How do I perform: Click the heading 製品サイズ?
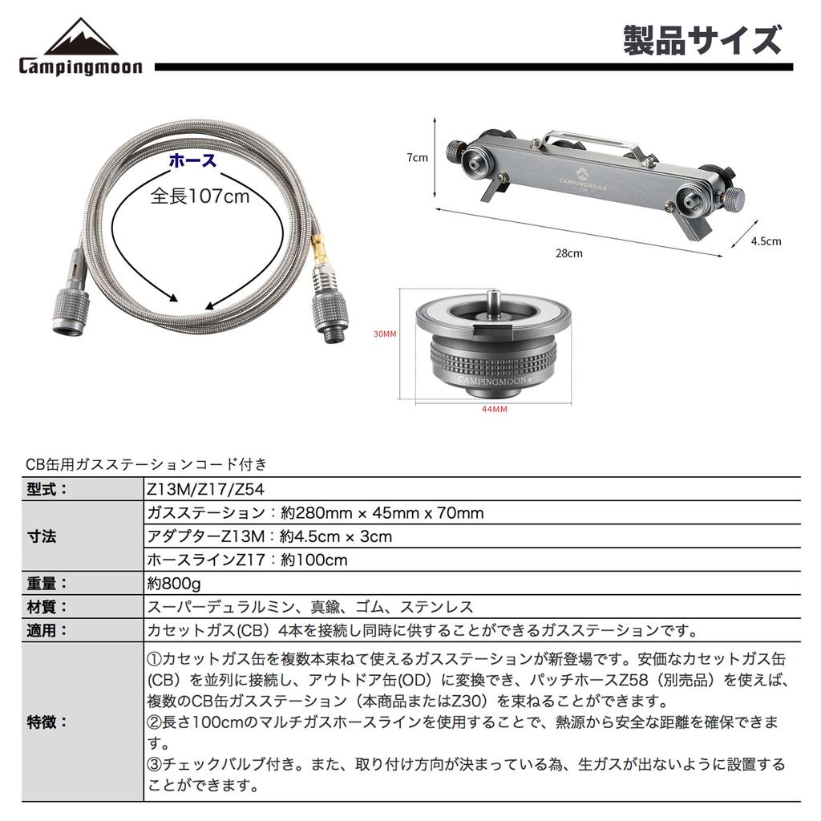702,40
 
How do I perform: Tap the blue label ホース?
193,160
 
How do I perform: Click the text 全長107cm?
200,196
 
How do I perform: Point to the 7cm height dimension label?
417,158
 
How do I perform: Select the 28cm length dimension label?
569,253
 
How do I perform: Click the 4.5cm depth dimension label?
766,241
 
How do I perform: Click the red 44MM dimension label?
494,409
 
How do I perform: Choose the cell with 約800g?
173,583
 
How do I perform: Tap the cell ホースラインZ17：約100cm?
247,560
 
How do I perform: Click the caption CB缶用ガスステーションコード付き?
146,463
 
